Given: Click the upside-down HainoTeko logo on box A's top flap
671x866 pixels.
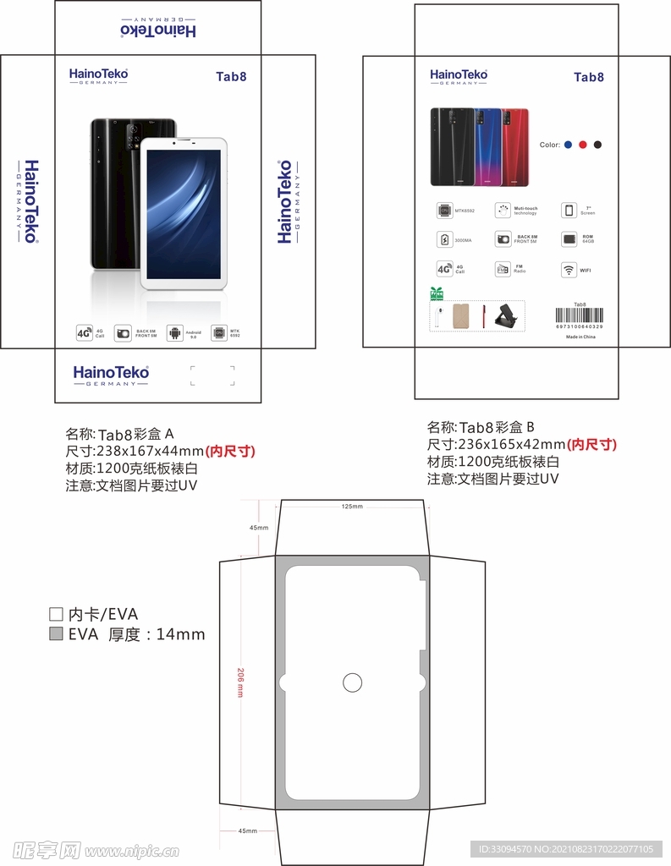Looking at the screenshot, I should [x=158, y=29].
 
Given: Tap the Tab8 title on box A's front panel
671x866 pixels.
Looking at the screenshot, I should [x=230, y=76].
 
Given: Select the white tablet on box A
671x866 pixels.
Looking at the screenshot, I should [x=184, y=213].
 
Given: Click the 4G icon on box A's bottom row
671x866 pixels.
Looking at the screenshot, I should [x=84, y=333].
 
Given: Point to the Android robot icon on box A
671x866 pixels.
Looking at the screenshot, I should [x=175, y=333].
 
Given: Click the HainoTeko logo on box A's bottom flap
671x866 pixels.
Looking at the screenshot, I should [x=111, y=374].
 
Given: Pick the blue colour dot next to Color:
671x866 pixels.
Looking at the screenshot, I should [x=569, y=145].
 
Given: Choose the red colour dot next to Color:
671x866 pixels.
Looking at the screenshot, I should [x=583, y=145].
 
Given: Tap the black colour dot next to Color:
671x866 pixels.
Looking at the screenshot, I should [x=597, y=145].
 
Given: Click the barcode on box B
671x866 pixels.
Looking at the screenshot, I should [x=580, y=315].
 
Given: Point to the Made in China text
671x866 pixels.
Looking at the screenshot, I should [x=580, y=337].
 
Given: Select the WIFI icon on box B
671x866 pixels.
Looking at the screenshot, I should [x=569, y=271].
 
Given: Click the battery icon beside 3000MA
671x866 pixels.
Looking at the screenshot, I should [x=444, y=240].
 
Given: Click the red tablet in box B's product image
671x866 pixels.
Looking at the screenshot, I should [x=515, y=147].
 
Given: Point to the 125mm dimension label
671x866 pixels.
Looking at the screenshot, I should [x=352, y=507].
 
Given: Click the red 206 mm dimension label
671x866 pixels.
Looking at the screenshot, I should [x=240, y=682].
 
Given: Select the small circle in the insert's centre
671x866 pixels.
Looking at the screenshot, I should [x=352, y=682].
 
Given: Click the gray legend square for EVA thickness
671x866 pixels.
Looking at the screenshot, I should [x=57, y=634].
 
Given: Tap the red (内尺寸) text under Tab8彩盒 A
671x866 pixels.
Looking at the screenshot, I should [x=230, y=452].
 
